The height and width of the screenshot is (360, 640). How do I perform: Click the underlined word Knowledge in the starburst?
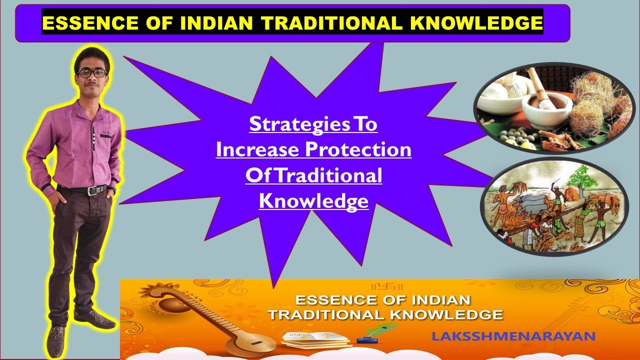tap(313, 201)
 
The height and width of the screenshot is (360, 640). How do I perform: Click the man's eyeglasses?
tap(92, 73)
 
